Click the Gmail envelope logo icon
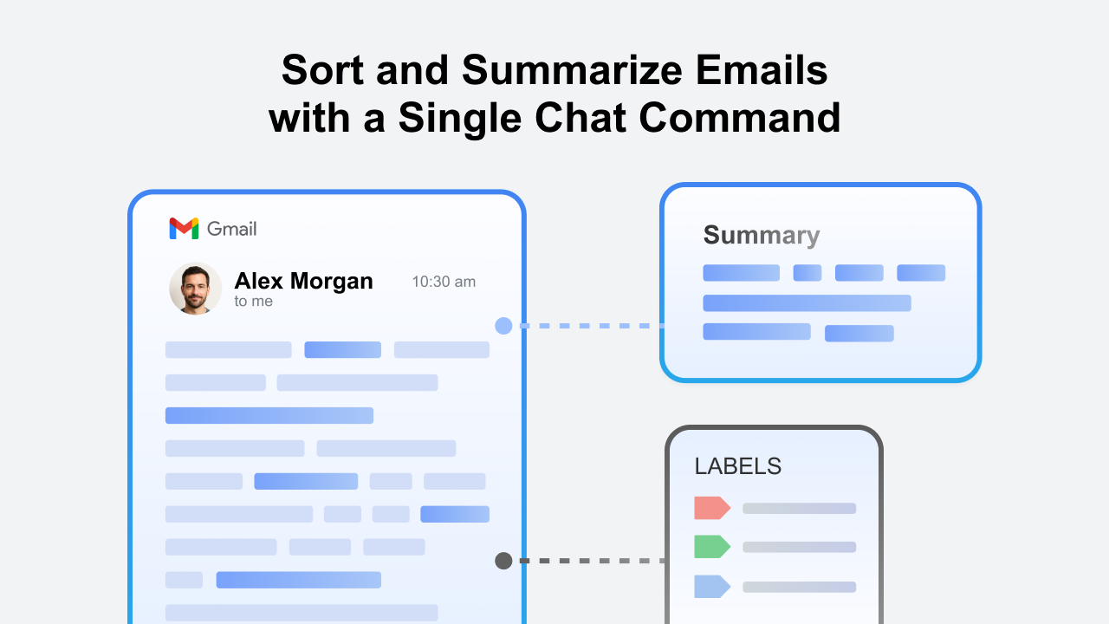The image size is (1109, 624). pos(184,228)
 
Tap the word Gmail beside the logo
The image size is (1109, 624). pos(231,229)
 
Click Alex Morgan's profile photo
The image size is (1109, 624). pos(196,289)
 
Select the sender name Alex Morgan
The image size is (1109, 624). pos(303,281)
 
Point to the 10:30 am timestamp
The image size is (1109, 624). pos(444,282)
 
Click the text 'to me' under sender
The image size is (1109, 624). pos(254,301)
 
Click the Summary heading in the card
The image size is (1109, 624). pos(762,235)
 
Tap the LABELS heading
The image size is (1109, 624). pos(737,466)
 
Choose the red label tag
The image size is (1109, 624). pos(712,508)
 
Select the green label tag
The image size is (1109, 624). pos(712,547)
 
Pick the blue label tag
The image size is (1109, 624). pos(712,587)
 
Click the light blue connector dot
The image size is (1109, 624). pos(503,326)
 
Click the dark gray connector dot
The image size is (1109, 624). pos(503,561)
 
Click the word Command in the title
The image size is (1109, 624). pos(740,118)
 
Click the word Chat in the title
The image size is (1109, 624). pos(580,118)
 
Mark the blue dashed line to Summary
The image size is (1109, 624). pos(591,326)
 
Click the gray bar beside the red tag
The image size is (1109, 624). pos(799,508)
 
